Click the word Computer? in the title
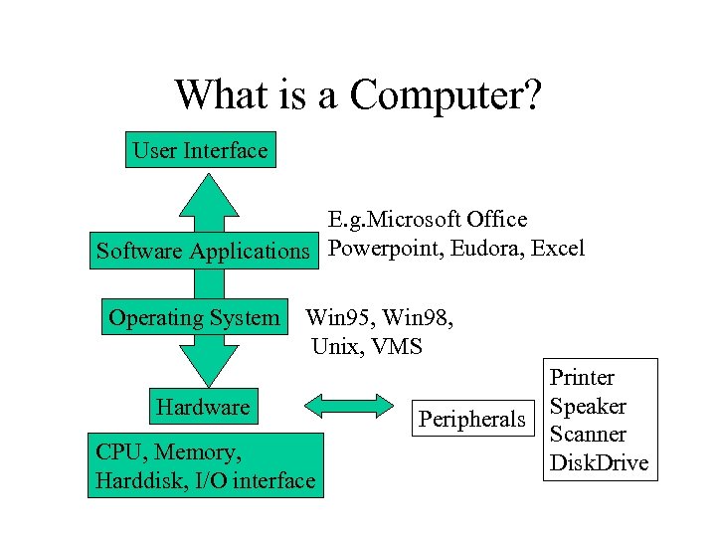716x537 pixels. click(446, 95)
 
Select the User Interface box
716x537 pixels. click(200, 151)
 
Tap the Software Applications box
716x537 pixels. click(203, 251)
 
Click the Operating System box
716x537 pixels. click(194, 318)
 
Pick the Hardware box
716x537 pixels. click(203, 407)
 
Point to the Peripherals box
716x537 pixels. click(471, 419)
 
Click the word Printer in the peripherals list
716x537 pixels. click(583, 378)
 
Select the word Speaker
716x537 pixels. click(589, 406)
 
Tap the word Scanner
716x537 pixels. click(589, 435)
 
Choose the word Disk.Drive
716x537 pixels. click(599, 462)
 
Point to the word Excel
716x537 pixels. click(558, 248)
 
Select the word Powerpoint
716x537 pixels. click(385, 249)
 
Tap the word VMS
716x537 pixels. click(398, 347)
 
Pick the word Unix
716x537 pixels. click(337, 347)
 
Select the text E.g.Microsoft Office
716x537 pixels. click(428, 219)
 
